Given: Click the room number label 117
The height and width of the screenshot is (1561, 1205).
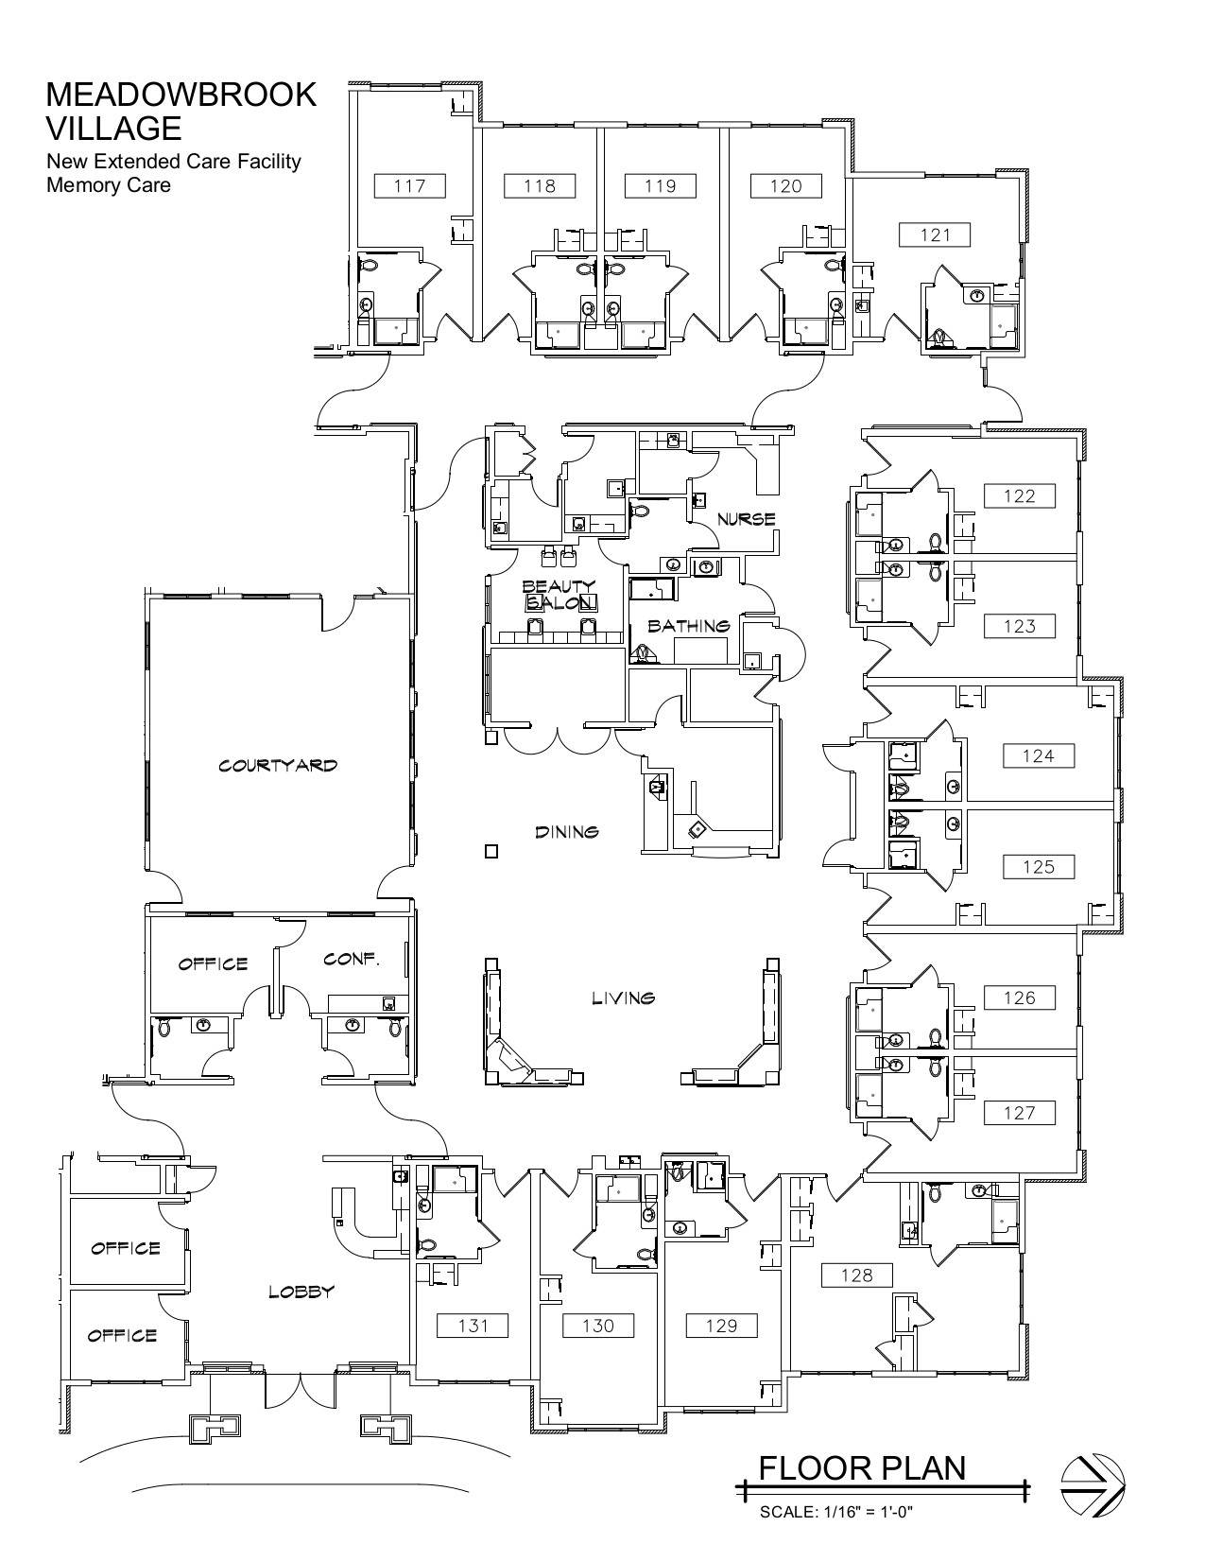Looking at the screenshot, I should point(409,185).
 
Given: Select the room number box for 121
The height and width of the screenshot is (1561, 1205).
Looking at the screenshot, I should point(935,234).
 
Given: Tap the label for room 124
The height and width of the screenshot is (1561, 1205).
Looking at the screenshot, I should point(1038,755).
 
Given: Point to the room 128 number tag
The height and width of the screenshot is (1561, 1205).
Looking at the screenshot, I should point(856,1275).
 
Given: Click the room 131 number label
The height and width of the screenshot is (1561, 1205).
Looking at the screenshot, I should point(473,1326).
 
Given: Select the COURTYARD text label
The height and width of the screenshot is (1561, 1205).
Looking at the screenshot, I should point(278,766).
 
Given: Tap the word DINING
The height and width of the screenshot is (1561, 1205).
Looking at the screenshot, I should point(567,832).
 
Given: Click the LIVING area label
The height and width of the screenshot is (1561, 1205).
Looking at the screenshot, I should point(623,997).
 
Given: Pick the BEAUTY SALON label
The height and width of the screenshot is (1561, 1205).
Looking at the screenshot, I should point(559,595).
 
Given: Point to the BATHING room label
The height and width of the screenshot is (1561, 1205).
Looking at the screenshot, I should point(689,626).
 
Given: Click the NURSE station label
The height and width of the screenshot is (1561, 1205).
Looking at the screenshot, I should point(746,519).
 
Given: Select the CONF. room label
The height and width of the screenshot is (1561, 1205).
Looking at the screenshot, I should point(352,959).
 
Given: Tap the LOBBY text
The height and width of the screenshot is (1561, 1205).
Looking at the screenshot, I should point(301,1292).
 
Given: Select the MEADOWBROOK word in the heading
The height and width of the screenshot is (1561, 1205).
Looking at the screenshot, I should point(181,95).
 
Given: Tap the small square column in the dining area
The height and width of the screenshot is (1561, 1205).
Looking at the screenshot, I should point(491,851).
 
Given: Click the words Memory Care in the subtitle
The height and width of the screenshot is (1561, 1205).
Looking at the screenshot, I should point(109,184).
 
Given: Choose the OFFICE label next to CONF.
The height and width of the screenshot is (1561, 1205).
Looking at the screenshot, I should point(214,963).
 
